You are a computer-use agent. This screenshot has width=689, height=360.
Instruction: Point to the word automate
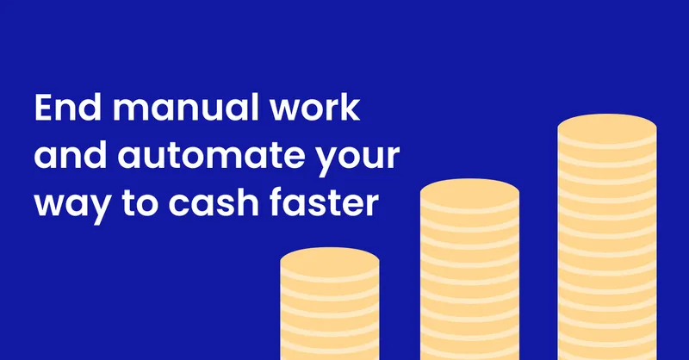point(212,156)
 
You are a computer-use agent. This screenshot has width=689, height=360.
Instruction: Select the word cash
point(214,202)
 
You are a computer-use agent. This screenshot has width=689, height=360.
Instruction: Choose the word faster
point(324,202)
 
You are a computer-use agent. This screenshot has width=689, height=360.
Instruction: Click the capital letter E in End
point(44,108)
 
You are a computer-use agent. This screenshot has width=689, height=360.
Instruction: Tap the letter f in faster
point(276,202)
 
